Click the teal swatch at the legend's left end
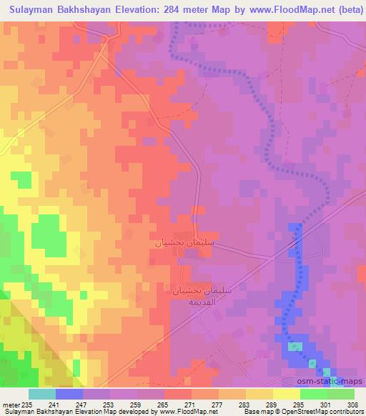42,394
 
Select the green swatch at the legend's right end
341,394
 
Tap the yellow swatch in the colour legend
286,394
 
